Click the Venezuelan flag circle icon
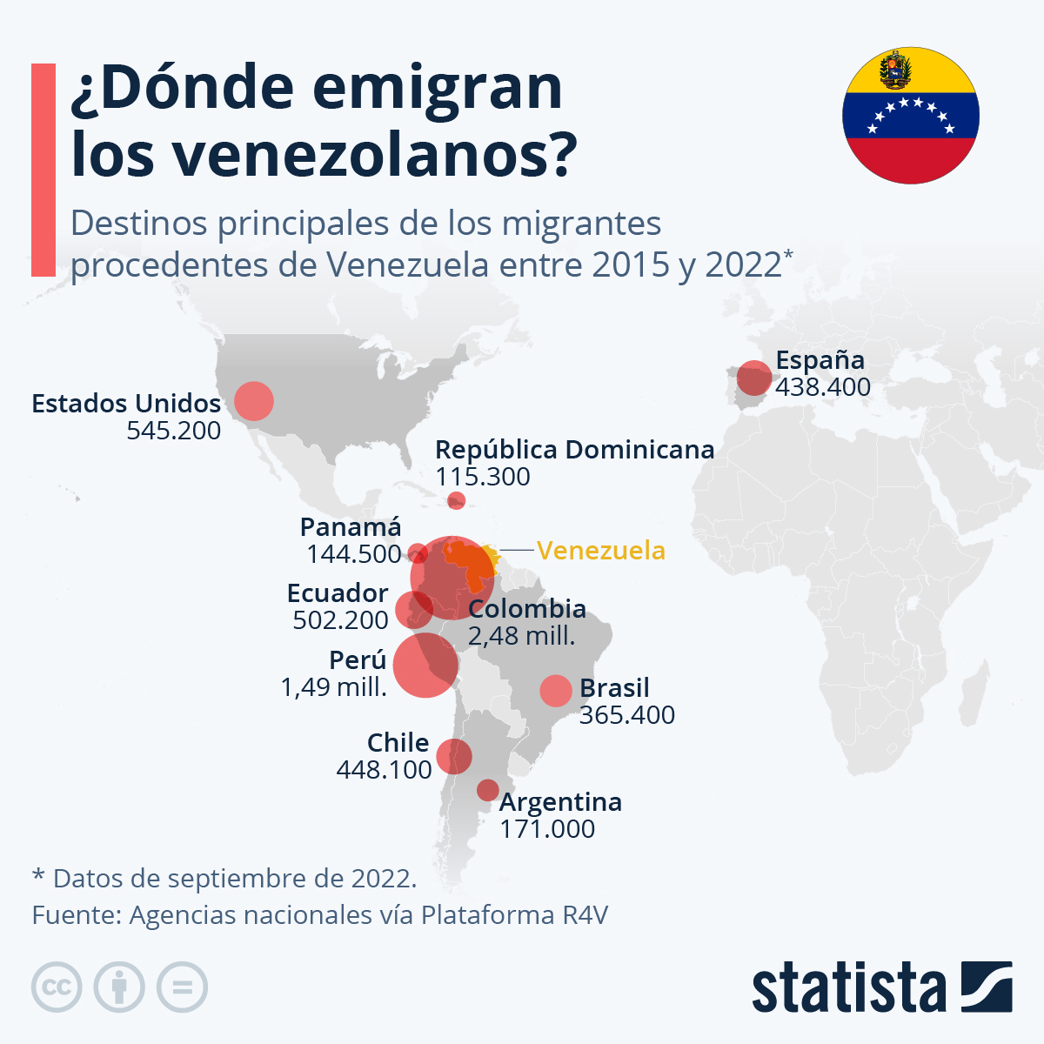[x=910, y=116]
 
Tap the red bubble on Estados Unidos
[x=253, y=401]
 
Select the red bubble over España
[x=753, y=378]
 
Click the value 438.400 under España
[x=822, y=387]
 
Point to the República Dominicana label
[x=574, y=450]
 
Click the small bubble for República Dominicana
[x=456, y=500]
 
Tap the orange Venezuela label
[x=600, y=551]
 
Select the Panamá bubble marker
[x=418, y=552]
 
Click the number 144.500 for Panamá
[x=353, y=554]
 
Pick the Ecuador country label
[x=338, y=593]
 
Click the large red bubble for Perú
[x=425, y=665]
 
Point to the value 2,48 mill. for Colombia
[x=521, y=636]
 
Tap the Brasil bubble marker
[x=556, y=691]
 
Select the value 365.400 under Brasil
[x=626, y=715]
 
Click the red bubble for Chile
[x=454, y=756]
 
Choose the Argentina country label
[x=560, y=801]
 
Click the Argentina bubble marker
[x=488, y=790]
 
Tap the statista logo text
[x=848, y=988]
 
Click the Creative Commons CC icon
[x=57, y=987]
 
